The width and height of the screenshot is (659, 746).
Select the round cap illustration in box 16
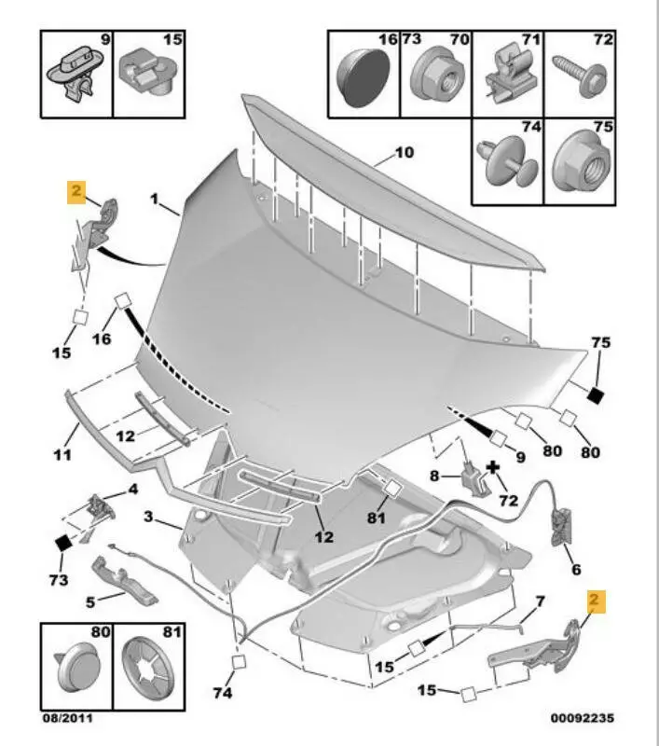(362, 76)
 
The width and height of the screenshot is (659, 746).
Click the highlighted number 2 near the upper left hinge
(76, 192)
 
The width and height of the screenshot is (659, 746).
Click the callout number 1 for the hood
(157, 199)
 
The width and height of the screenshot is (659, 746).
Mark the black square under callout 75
(597, 395)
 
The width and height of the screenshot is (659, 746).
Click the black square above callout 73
(62, 542)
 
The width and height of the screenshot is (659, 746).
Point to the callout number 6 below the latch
(575, 569)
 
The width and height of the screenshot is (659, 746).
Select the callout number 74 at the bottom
(222, 693)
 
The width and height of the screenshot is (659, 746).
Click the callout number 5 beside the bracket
(89, 601)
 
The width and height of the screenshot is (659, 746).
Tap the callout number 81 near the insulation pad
(374, 518)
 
